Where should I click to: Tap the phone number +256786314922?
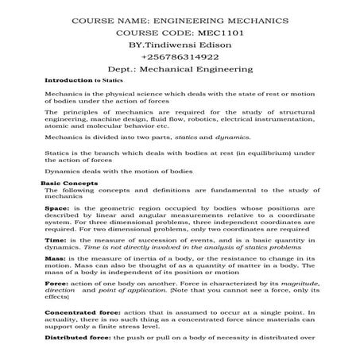tap(180, 56)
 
